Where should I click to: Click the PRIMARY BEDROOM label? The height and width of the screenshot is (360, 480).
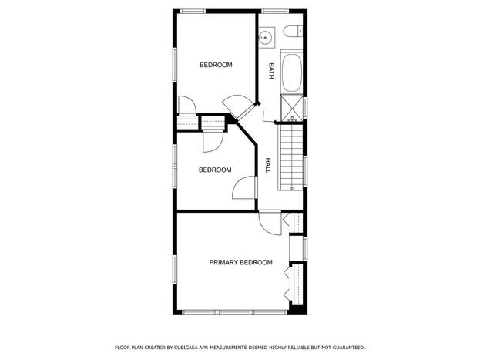tap(240, 262)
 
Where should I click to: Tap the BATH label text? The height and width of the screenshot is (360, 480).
tap(271, 71)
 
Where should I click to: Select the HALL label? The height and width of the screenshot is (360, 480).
tap(268, 166)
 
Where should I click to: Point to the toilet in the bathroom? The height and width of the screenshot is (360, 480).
tap(293, 32)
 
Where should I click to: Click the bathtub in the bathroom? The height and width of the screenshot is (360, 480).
tap(292, 73)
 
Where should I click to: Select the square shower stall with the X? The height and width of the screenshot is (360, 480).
tap(292, 107)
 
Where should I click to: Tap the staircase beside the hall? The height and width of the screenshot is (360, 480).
tap(291, 157)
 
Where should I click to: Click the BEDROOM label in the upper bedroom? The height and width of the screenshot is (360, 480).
tap(216, 65)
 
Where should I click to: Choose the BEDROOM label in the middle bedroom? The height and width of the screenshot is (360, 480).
tap(215, 170)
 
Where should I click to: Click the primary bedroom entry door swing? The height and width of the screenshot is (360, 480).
tap(270, 223)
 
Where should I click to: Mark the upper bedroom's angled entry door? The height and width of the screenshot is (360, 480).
tap(238, 107)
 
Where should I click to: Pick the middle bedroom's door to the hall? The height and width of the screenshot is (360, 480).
tap(244, 188)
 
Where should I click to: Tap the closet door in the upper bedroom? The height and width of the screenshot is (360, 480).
tap(187, 106)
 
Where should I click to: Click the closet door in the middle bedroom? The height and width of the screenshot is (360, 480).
tap(213, 141)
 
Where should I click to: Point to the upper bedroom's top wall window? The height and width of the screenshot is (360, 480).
tap(193, 12)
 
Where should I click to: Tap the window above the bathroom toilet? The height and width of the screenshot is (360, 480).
tap(276, 12)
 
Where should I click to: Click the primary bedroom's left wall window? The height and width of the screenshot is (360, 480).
tap(175, 271)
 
